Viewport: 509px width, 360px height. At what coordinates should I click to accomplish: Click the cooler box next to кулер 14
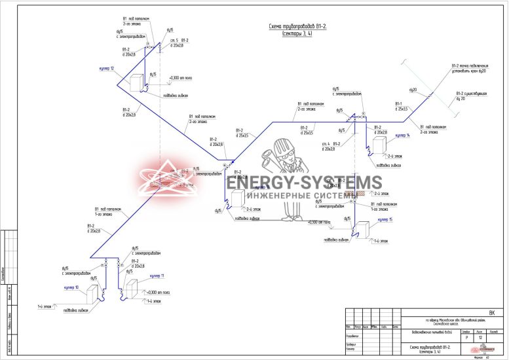(x=379, y=145)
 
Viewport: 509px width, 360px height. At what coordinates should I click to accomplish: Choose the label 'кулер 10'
(x=71, y=287)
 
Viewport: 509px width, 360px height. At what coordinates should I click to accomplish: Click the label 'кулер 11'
(x=158, y=276)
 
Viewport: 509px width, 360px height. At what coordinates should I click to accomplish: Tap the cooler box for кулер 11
(x=132, y=289)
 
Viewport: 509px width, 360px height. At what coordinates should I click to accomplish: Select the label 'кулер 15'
(x=385, y=219)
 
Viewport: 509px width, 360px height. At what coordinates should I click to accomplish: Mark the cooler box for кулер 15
(x=362, y=229)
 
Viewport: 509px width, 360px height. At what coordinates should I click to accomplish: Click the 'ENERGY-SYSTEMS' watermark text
(x=304, y=183)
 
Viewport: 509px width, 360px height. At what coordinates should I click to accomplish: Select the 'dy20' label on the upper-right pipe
(x=413, y=89)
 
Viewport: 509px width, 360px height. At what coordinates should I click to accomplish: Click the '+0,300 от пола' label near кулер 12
(x=181, y=78)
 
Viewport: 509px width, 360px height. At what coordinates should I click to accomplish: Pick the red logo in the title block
(x=487, y=349)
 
